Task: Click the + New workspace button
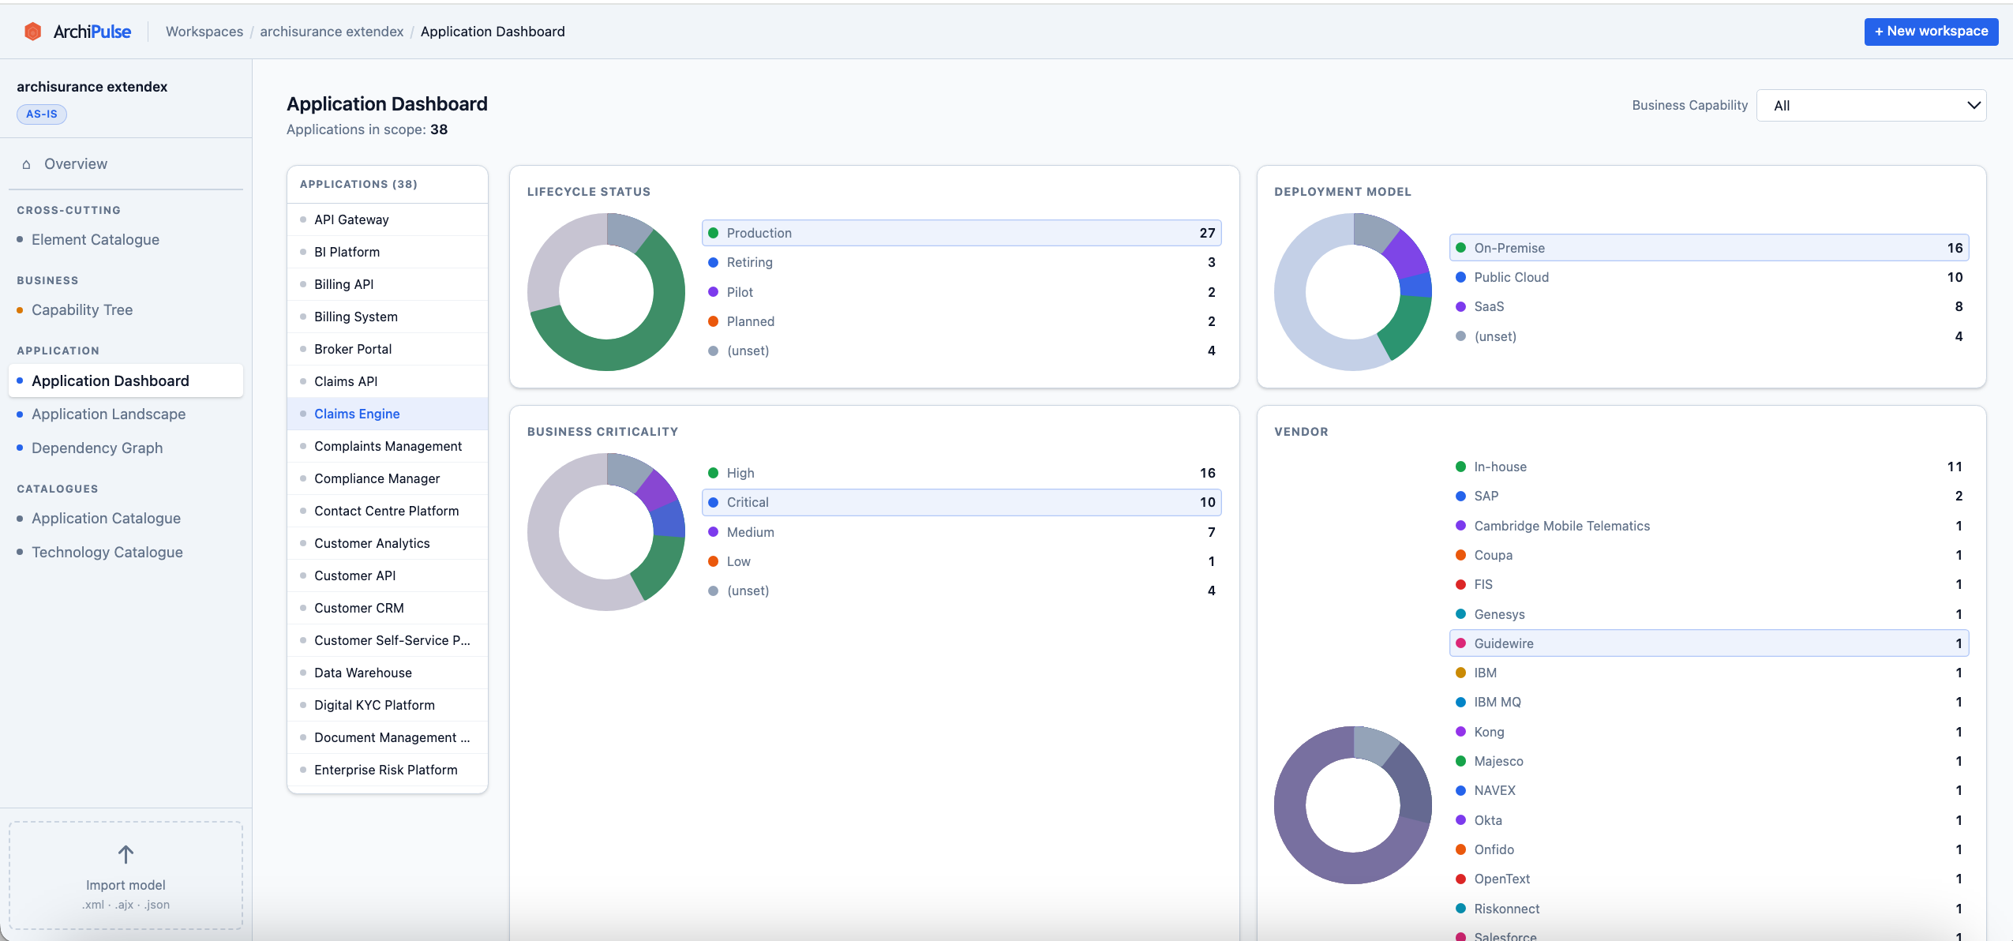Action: (x=1930, y=32)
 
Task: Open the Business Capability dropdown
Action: (x=1870, y=106)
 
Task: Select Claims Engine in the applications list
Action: (x=357, y=414)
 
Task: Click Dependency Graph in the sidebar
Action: (x=97, y=448)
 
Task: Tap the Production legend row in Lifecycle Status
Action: (x=960, y=233)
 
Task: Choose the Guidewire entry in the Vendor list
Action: (x=1708, y=643)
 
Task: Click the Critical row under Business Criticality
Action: (x=960, y=502)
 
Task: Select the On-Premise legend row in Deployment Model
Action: (x=1708, y=248)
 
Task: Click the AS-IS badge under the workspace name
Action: (x=42, y=114)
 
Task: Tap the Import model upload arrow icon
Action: (x=126, y=854)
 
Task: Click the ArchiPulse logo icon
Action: (x=33, y=32)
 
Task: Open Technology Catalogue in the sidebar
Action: (x=107, y=552)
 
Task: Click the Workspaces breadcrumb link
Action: (x=204, y=32)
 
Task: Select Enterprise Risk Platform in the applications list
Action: (x=385, y=770)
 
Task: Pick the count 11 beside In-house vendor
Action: (x=1954, y=467)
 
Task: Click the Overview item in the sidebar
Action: (x=76, y=164)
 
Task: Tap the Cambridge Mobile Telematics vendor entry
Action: (x=1561, y=526)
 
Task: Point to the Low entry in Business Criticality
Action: (x=739, y=561)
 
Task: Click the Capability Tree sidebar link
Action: (x=82, y=310)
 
